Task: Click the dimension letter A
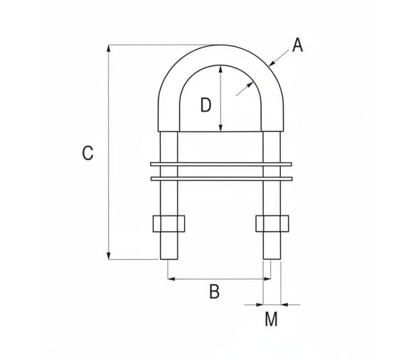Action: click(297, 46)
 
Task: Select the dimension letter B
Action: click(214, 291)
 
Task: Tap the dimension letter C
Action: click(87, 153)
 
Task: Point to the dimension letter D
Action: click(205, 105)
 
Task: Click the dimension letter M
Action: click(271, 319)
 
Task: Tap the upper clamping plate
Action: click(222, 165)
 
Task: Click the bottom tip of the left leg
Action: click(168, 259)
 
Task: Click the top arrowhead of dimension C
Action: click(109, 48)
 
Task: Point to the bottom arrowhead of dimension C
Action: click(109, 255)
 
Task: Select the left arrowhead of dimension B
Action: click(171, 279)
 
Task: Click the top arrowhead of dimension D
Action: click(222, 68)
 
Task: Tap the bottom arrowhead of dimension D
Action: click(222, 128)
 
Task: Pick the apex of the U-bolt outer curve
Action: click(221, 45)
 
